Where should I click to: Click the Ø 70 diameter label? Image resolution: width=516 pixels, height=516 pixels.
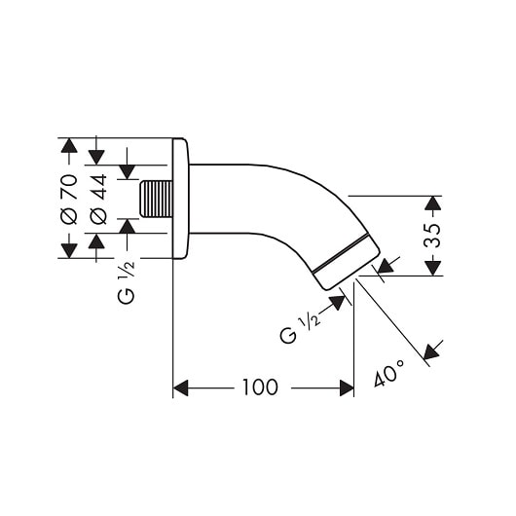tap(69, 200)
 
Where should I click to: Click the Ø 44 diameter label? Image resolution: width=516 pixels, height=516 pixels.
tap(98, 200)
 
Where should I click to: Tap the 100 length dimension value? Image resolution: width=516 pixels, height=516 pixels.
tap(260, 387)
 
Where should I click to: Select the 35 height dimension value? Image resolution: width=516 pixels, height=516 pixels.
tap(432, 236)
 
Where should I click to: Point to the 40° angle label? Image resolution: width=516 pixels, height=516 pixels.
tap(389, 373)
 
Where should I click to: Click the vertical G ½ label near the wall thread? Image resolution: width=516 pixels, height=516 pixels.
tap(126, 282)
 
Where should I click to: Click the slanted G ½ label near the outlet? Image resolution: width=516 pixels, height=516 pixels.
tap(300, 329)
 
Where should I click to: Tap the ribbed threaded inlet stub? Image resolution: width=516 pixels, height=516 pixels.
tap(157, 199)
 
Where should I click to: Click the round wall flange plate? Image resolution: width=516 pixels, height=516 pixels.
tap(180, 199)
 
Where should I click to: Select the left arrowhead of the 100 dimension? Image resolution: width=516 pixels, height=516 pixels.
tap(181, 388)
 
